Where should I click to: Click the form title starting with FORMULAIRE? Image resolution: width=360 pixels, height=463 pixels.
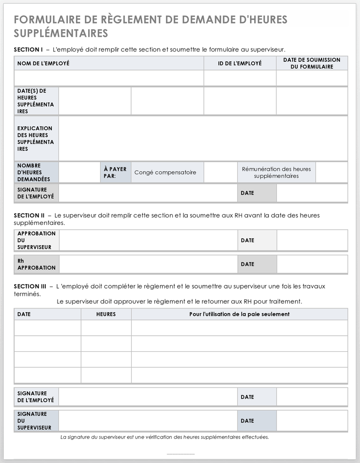click(151, 26)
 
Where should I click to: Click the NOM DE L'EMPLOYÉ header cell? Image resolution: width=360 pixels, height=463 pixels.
click(43, 63)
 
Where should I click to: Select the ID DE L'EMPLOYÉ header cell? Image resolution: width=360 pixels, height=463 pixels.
click(240, 63)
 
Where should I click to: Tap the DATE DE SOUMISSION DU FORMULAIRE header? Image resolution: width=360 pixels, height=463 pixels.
click(312, 63)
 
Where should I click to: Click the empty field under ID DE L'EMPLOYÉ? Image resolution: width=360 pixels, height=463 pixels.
click(240, 78)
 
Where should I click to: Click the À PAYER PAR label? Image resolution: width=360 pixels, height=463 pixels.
click(115, 173)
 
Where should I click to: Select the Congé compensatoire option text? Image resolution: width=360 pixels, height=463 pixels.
click(165, 173)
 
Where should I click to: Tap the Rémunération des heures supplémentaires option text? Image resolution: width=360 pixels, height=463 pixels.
click(276, 173)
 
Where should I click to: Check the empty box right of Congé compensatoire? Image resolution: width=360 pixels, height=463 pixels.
click(220, 173)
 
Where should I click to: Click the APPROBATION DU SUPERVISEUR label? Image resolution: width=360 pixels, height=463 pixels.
click(36, 240)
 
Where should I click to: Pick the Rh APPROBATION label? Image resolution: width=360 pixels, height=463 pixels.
click(36, 265)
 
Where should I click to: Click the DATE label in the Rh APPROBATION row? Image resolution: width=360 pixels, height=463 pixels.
click(248, 265)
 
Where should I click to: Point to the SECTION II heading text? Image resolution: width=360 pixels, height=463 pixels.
click(29, 215)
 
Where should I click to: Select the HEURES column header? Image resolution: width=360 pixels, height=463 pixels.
click(106, 314)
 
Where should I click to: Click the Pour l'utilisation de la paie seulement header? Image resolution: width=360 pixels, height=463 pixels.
click(239, 314)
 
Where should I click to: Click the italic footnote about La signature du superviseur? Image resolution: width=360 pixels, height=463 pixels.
click(165, 437)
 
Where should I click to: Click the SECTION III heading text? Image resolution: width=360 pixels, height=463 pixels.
click(30, 286)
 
